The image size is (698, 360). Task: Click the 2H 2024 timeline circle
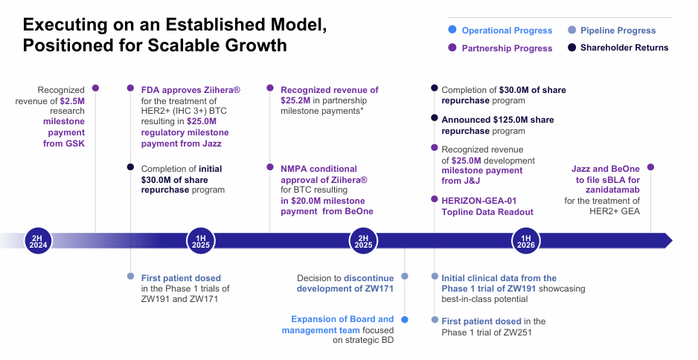tap(37, 240)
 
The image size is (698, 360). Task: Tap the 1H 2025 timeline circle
tap(199, 240)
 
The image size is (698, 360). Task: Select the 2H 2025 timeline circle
tap(363, 240)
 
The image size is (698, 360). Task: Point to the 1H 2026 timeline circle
tap(525, 240)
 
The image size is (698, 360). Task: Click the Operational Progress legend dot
tap(452, 30)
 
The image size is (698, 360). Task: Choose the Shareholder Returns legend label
tap(624, 48)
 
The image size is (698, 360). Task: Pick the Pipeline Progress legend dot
tap(571, 30)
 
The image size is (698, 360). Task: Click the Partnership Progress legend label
tap(507, 48)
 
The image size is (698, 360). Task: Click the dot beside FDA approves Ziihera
tap(131, 88)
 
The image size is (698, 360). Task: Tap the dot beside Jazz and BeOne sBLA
tap(650, 167)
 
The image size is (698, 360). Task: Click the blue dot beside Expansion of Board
tap(404, 319)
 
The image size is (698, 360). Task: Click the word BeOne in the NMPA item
tap(357, 211)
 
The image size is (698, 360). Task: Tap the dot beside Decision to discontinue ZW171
tap(404, 277)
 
